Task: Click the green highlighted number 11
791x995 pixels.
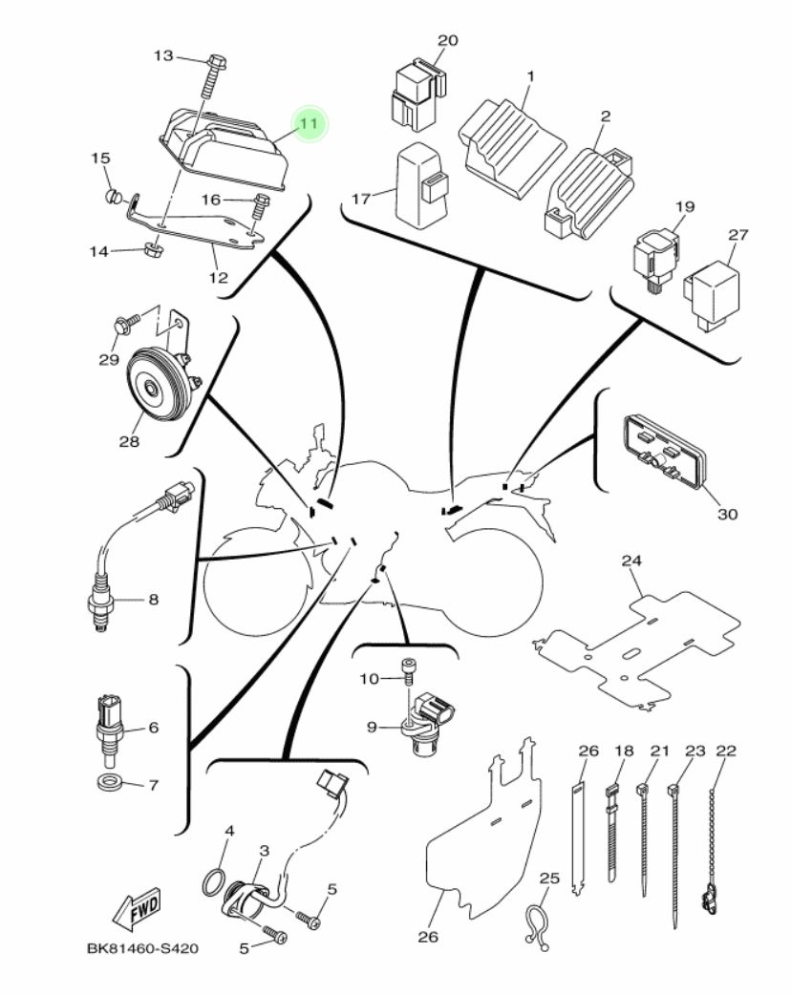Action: pos(308,124)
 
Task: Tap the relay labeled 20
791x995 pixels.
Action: pos(416,94)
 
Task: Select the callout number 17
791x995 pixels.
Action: pos(360,200)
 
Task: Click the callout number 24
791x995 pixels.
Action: pos(631,561)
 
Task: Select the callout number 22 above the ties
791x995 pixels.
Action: pos(726,752)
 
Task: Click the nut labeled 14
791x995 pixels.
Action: pos(150,251)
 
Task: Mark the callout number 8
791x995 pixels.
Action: pos(153,600)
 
